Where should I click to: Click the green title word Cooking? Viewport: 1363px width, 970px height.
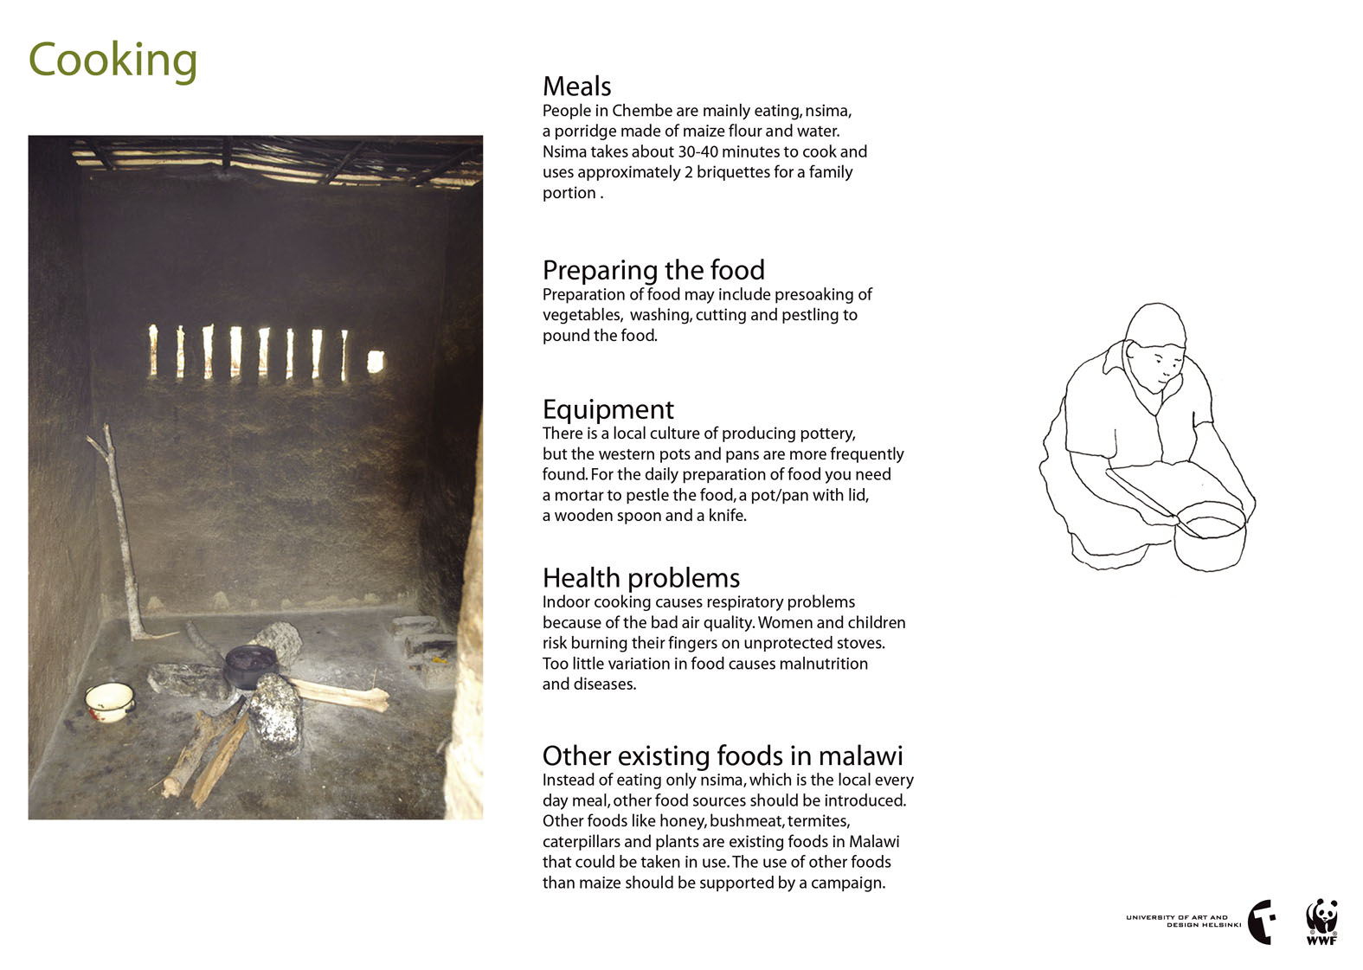tap(113, 61)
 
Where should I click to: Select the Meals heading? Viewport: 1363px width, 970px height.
tap(576, 87)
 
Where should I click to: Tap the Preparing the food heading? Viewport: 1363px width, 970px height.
tap(653, 270)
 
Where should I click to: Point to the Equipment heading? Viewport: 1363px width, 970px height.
tap(608, 409)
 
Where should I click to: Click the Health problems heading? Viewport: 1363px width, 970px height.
tap(640, 578)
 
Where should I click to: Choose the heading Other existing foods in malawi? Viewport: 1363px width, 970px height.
tap(722, 755)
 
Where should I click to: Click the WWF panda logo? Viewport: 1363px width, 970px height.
tap(1321, 922)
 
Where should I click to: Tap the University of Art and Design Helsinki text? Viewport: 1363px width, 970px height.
tap(1183, 921)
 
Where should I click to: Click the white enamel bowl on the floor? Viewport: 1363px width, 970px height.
tap(110, 701)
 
